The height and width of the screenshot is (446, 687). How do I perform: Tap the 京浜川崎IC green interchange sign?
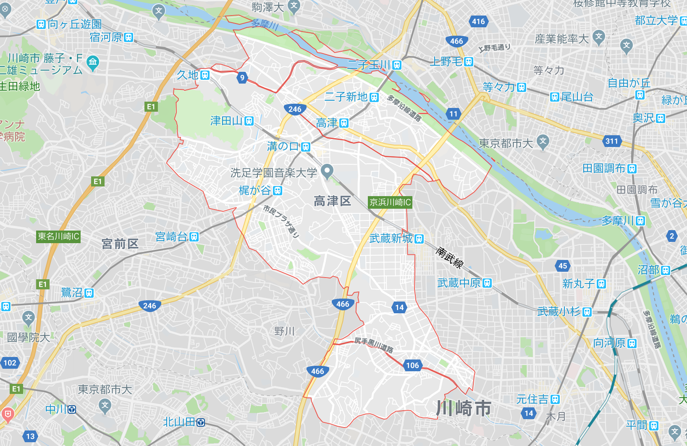coord(390,202)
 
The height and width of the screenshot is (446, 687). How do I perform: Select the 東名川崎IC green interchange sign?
coord(58,236)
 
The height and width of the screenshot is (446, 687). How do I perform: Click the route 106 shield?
coord(412,365)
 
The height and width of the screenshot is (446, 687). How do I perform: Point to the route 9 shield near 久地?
coord(242,77)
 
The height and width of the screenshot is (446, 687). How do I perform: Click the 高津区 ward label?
coord(332,201)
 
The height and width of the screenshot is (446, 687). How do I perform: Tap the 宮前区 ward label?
coord(120,244)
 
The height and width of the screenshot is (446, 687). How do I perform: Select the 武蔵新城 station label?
coord(396,239)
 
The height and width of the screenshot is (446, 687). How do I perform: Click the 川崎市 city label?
coord(464,408)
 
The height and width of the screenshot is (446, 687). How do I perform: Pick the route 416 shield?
coord(478,21)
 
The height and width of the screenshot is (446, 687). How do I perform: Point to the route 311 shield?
coord(612,141)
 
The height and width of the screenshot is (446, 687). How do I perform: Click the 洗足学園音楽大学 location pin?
coord(327,171)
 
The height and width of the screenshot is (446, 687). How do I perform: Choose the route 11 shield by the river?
coord(453,114)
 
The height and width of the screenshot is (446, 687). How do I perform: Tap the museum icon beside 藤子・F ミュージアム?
coord(93,62)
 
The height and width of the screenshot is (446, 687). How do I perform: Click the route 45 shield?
coord(563,266)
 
